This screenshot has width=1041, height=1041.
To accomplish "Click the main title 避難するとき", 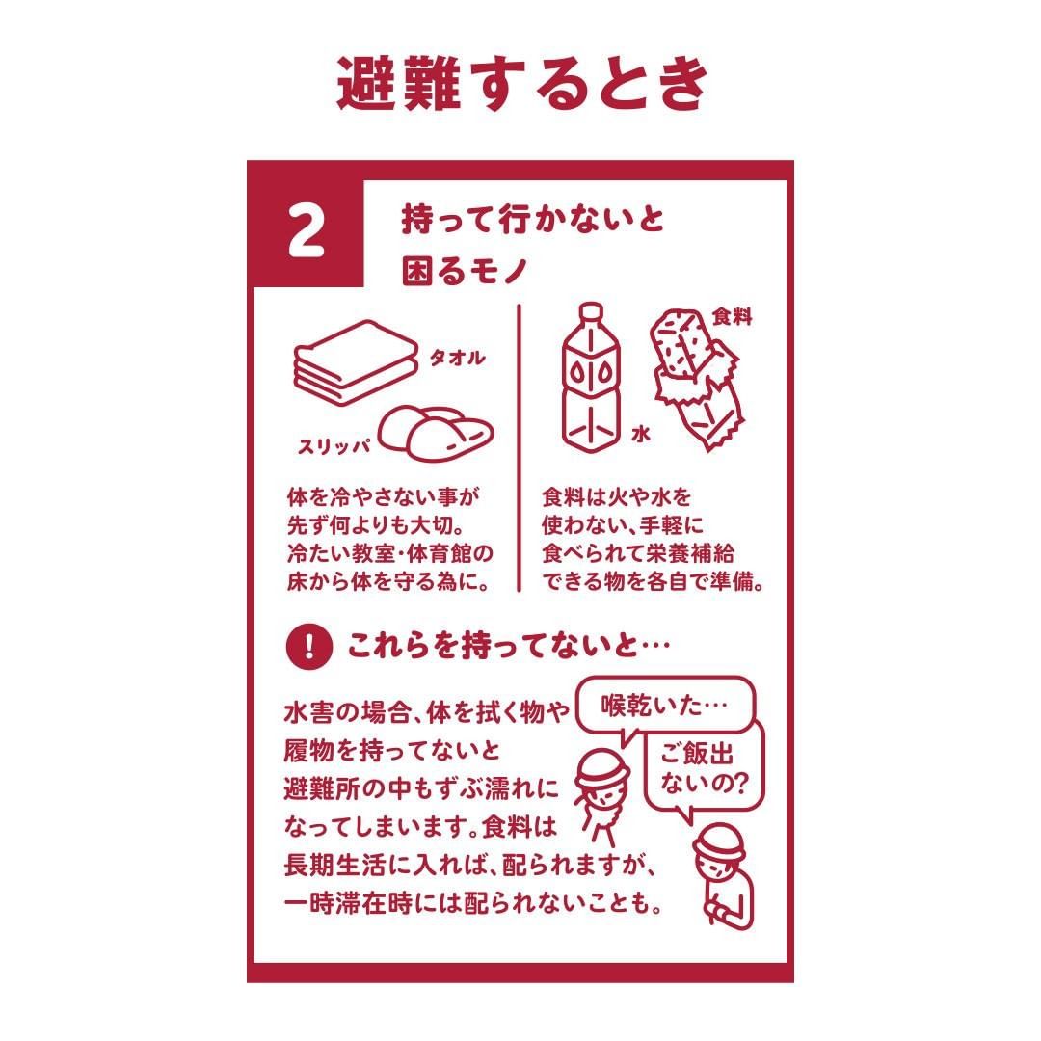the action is (x=522, y=84).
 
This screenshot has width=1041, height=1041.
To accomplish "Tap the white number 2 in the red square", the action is (x=307, y=231).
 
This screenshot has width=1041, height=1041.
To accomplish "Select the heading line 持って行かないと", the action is (x=532, y=219).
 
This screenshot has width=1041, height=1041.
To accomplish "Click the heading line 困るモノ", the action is (x=464, y=270).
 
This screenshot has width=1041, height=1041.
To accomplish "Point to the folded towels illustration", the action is (x=355, y=361).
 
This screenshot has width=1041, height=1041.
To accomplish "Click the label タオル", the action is (x=458, y=358).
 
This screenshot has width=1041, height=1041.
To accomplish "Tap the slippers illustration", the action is (x=437, y=433).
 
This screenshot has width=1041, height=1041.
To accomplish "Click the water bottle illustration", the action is (x=591, y=378).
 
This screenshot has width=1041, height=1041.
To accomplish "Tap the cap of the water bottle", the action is (x=591, y=311).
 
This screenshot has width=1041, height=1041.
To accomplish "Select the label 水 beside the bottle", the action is (x=640, y=434).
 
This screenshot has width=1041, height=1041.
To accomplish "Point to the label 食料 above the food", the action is (x=732, y=317).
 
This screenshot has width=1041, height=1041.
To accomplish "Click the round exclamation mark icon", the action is (x=308, y=645).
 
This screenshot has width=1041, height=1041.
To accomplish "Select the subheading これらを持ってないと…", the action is (x=508, y=645).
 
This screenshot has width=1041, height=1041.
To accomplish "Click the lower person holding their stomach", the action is (x=723, y=876).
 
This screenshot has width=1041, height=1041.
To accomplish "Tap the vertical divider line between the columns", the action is (x=520, y=448).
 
